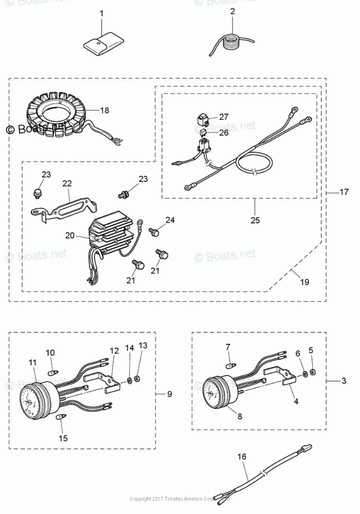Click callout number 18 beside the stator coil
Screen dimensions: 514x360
click(x=105, y=110)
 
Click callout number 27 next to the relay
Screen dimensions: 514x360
click(x=224, y=117)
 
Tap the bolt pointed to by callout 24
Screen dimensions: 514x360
click(x=154, y=232)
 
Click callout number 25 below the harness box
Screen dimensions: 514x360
click(x=255, y=220)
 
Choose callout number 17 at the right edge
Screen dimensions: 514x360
click(x=344, y=192)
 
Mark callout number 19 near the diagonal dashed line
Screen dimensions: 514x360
click(x=304, y=282)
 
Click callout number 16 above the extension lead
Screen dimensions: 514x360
click(x=241, y=457)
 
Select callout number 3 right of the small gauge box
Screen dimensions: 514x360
click(x=344, y=381)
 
